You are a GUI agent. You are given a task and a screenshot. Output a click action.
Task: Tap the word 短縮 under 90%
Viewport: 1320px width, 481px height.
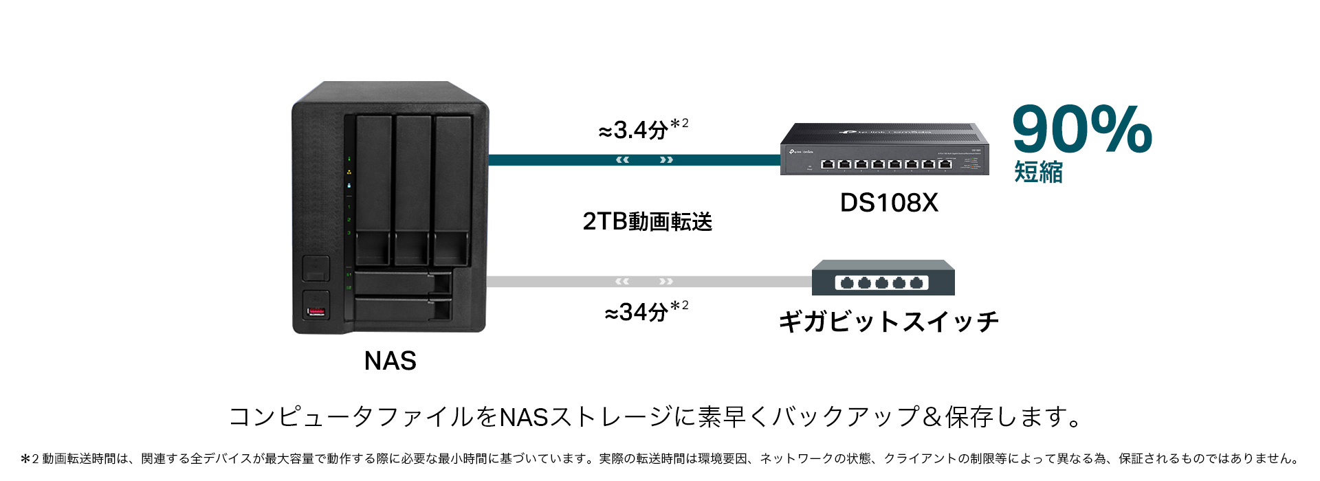coord(1038,172)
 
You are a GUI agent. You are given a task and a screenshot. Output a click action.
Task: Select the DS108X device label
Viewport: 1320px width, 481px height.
coord(889,203)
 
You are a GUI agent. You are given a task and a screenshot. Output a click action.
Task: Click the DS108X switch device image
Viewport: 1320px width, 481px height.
coord(884,148)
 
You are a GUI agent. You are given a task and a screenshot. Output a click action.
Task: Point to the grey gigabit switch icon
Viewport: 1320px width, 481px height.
coord(883,278)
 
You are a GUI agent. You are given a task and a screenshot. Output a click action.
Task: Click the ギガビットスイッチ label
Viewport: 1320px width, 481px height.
coord(888,322)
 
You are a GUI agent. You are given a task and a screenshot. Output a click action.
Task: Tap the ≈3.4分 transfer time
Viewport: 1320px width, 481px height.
coord(643,128)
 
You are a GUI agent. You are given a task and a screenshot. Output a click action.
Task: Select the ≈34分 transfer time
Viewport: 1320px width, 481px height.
coord(646,311)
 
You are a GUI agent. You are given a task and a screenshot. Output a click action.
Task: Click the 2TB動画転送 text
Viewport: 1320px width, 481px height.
coord(647,221)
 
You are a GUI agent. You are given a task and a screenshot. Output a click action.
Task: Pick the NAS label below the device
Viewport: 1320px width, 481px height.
coord(390,361)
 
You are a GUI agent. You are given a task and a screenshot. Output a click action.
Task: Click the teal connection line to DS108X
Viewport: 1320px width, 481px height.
coord(634,160)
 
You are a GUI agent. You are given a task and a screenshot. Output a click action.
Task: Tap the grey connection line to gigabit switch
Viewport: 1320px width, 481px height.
coord(649,281)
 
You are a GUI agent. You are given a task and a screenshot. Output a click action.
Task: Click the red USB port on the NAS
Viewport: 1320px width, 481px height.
coord(316,313)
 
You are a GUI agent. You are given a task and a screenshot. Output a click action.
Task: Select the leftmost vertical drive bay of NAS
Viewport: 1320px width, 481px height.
coord(373,190)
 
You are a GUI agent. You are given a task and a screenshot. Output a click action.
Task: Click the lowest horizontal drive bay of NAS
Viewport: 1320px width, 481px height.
coord(403,309)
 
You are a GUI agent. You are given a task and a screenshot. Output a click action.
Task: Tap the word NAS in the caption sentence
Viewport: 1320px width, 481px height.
coord(523,417)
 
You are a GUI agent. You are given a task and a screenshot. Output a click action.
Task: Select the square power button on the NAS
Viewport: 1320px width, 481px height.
coord(316,268)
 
